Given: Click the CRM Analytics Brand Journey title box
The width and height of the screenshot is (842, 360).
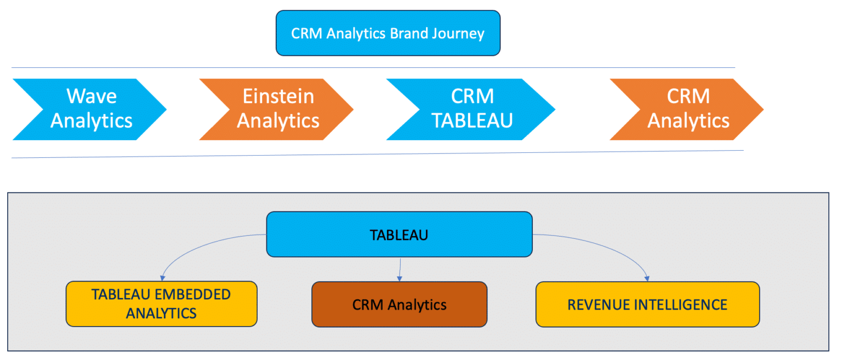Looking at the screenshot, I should (x=388, y=33).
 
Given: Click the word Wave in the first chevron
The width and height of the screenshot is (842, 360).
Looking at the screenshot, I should (x=92, y=96).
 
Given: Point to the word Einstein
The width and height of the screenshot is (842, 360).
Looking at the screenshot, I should (x=278, y=96).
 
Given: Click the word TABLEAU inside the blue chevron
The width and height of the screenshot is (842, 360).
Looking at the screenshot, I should (x=472, y=121).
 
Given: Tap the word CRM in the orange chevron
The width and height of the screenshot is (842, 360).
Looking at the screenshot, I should (x=688, y=96).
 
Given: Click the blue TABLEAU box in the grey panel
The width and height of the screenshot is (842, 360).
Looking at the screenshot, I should (x=399, y=235).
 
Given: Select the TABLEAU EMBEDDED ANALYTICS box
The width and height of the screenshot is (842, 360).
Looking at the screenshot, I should (x=161, y=304).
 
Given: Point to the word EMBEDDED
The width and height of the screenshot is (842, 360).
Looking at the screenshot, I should (x=192, y=294).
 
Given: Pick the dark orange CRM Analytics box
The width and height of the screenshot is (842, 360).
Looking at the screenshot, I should (x=399, y=305).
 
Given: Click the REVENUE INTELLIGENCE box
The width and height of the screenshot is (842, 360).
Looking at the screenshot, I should (x=647, y=305).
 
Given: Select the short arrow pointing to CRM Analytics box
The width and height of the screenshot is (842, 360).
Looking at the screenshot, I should (x=401, y=268).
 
